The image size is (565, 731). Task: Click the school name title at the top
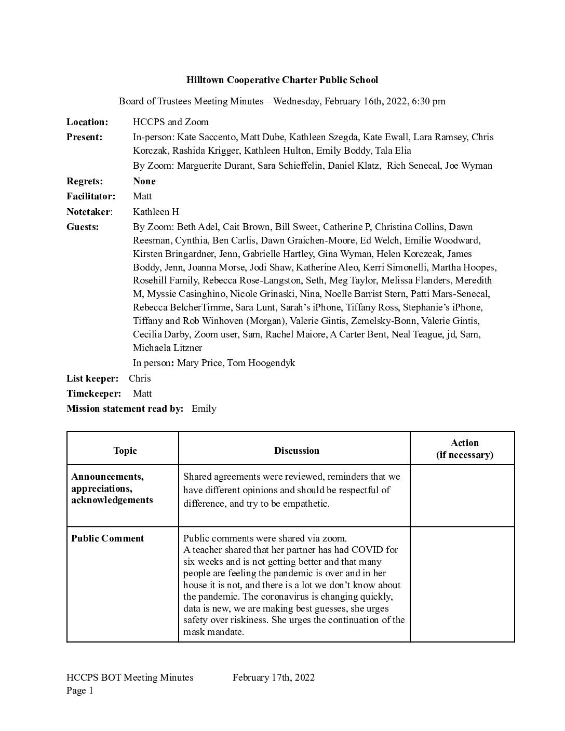(282, 80)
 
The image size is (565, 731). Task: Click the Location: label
(87, 122)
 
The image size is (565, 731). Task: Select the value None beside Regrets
(144, 181)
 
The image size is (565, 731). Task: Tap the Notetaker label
(88, 212)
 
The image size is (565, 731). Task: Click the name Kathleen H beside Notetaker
(156, 212)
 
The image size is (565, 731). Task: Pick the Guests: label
(83, 227)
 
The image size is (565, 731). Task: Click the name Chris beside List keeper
(140, 378)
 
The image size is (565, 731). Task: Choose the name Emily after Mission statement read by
(204, 409)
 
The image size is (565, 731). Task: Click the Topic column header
(125, 451)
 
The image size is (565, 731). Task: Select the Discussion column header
(297, 451)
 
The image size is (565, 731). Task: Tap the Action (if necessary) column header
(464, 449)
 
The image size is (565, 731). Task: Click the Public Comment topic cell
(107, 538)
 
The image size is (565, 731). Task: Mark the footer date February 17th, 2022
(274, 678)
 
